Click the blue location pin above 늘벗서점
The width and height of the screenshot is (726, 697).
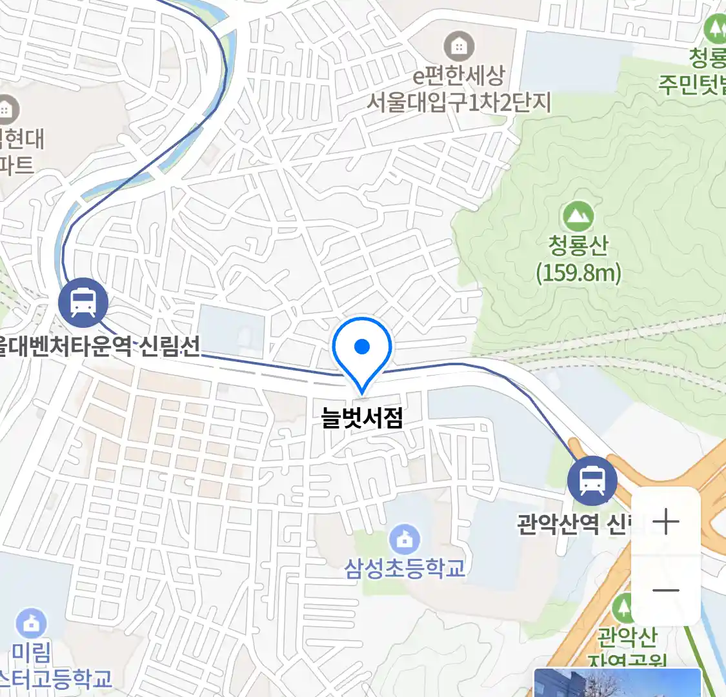(x=362, y=349)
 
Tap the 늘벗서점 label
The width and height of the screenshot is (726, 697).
(x=362, y=419)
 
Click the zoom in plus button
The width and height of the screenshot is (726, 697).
(x=665, y=521)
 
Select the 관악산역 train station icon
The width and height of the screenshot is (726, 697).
(x=592, y=481)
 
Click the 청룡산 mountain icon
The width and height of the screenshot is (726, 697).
(x=578, y=217)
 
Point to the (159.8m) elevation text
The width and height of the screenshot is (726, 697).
(x=578, y=273)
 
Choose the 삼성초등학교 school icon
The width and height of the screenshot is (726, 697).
(x=405, y=540)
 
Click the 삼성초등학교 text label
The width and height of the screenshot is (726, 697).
(x=405, y=569)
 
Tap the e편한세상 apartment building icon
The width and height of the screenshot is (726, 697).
(x=459, y=46)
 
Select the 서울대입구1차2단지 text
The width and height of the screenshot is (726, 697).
(x=459, y=103)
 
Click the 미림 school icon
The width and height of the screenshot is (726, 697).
(x=30, y=623)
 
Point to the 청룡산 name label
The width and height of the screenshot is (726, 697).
(x=578, y=246)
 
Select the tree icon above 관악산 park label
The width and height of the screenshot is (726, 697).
(x=623, y=609)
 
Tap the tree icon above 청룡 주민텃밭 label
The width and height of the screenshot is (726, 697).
(x=715, y=29)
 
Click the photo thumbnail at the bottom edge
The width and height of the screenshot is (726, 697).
(x=617, y=683)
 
